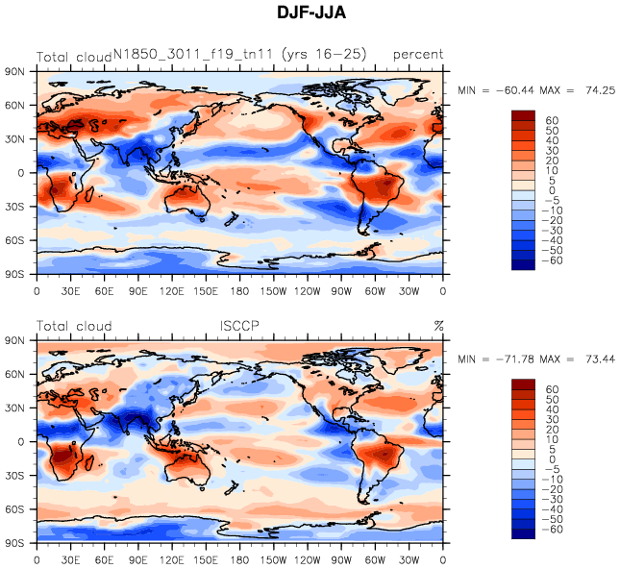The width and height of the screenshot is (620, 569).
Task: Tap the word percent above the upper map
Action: tap(418, 55)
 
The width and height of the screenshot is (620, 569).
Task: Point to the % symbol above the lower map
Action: tap(438, 326)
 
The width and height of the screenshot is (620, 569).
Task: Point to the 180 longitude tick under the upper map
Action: tap(240, 289)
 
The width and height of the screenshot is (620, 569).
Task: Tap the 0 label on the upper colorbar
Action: tap(552, 190)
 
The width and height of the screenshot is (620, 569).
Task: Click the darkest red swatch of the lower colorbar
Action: tap(523, 385)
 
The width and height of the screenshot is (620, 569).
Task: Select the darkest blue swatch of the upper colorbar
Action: tap(523, 264)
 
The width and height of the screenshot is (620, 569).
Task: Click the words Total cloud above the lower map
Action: tap(74, 326)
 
